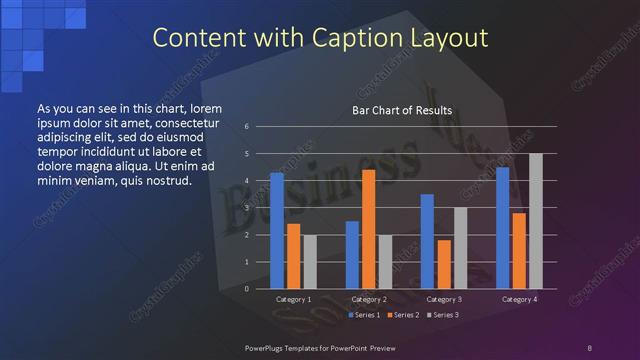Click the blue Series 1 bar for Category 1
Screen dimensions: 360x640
tap(277, 231)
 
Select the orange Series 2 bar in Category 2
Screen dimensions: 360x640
tap(368, 229)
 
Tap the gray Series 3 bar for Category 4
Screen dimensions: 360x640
tap(535, 221)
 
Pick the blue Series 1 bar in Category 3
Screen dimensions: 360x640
tap(427, 241)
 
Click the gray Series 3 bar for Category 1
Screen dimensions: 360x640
tap(309, 262)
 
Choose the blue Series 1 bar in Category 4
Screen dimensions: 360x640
tap(502, 228)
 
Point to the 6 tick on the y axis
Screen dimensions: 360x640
tap(247, 127)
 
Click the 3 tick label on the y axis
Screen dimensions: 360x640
tap(247, 208)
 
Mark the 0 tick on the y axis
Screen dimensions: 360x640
tap(247, 289)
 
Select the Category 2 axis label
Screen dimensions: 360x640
tap(369, 299)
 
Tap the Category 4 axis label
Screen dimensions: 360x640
tap(519, 299)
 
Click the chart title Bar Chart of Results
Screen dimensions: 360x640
tap(403, 110)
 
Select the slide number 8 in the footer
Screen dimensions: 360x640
tap(589, 347)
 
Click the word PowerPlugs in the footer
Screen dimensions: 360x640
tap(267, 347)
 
